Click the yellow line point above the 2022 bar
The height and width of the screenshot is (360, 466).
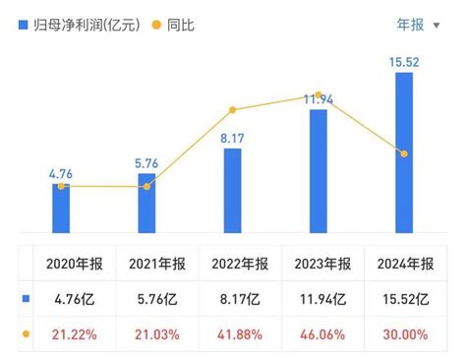(x=232, y=110)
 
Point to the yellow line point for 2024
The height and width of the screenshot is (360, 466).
(x=403, y=152)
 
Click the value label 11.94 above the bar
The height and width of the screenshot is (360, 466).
(x=318, y=98)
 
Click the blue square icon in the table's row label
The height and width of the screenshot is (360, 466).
(x=26, y=299)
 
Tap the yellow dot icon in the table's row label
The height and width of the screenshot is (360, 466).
(x=26, y=334)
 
